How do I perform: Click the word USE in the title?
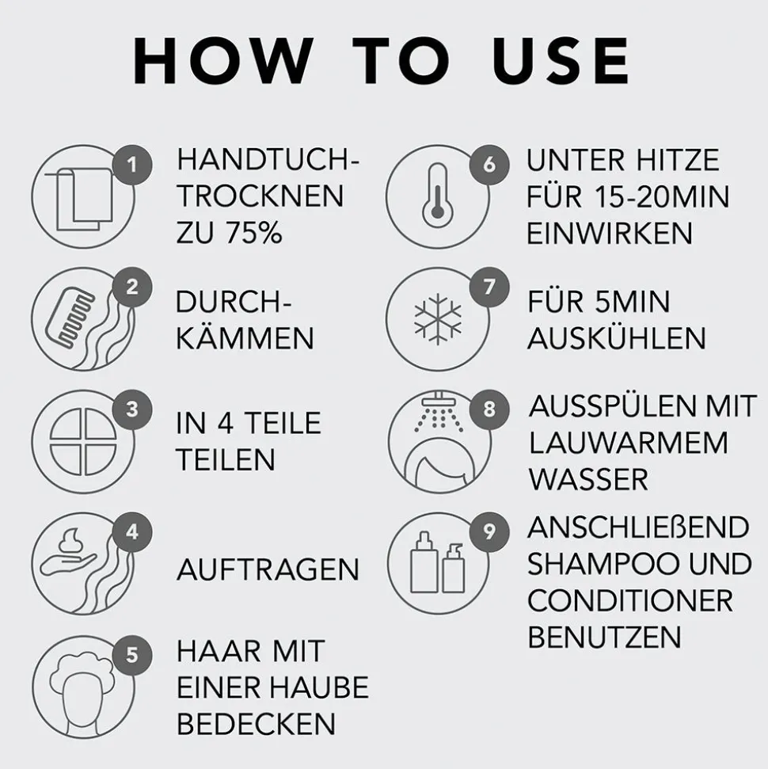coord(561,61)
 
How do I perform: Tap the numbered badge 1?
coord(132,165)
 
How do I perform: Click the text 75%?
coord(253,232)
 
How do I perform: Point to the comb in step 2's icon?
coord(69,314)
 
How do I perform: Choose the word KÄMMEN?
coord(245,338)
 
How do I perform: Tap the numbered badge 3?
coord(132,409)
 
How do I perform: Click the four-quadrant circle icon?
coord(83,442)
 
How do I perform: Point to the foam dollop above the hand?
coord(72,542)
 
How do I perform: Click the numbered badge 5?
coord(132,655)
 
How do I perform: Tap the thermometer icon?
coord(438,196)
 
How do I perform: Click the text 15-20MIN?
coord(662,196)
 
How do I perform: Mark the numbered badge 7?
coord(489,287)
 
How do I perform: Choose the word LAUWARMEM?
coord(628,443)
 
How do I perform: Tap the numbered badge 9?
coord(489,531)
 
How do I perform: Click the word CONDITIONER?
coord(630,600)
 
